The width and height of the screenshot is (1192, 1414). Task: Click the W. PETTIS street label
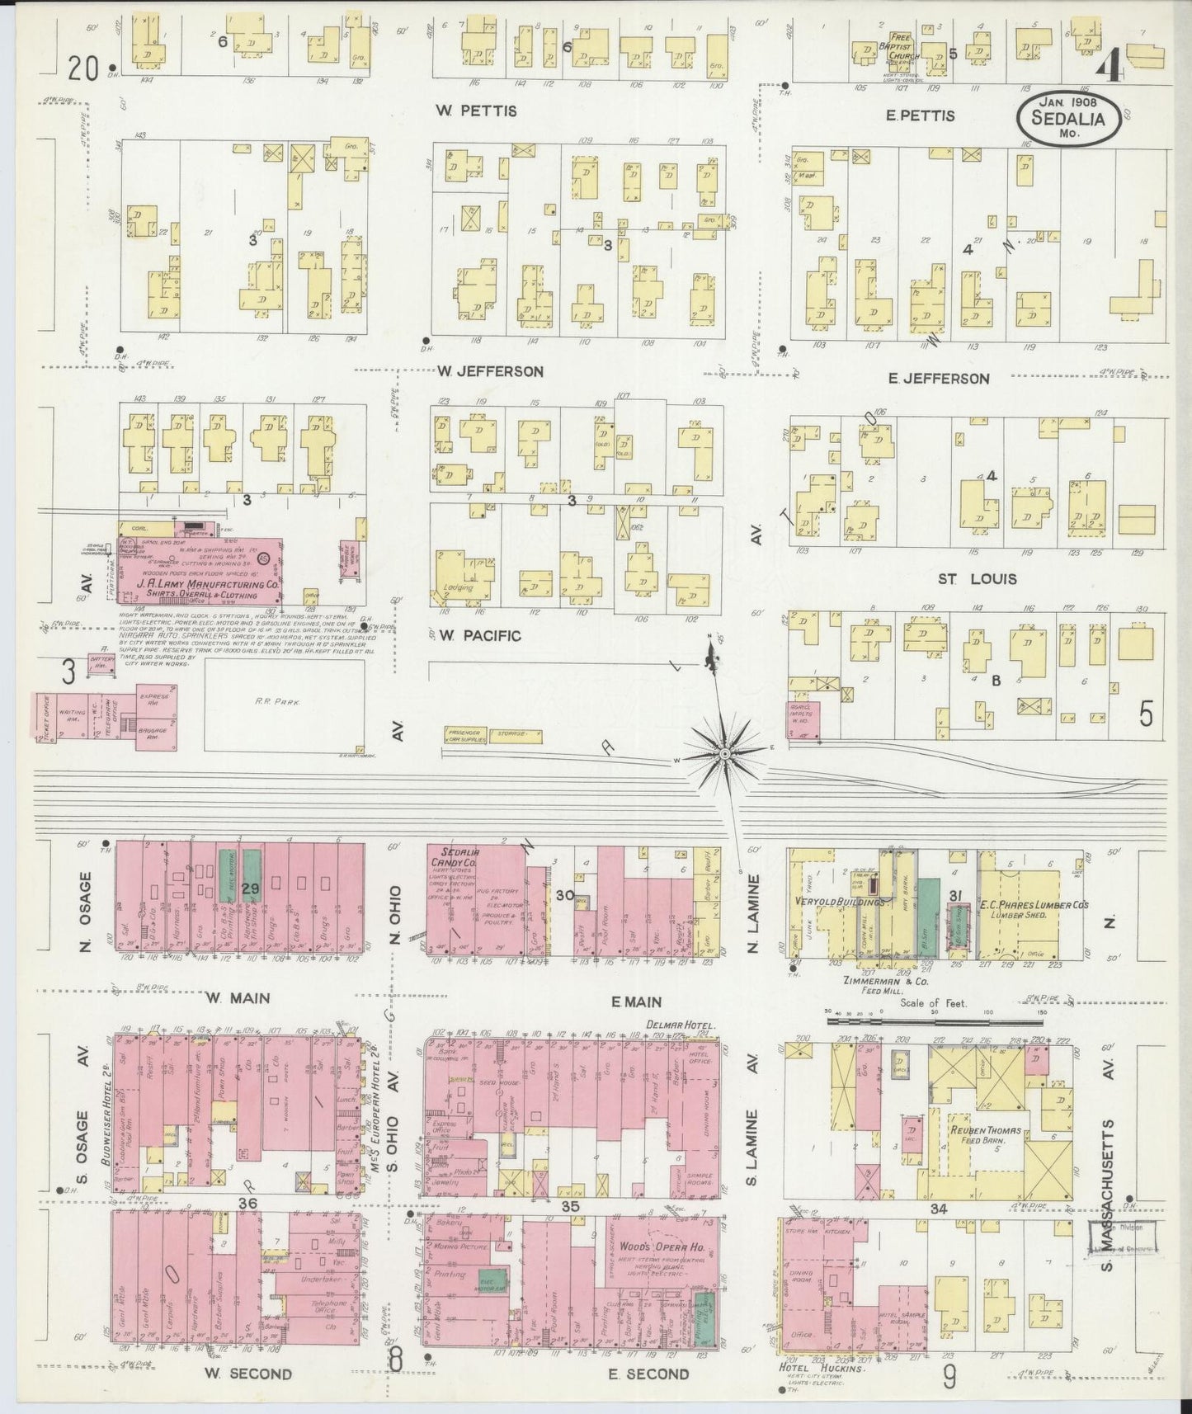478,111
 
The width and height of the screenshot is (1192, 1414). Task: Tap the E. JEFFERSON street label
939,379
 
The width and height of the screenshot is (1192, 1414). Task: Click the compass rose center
723,753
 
